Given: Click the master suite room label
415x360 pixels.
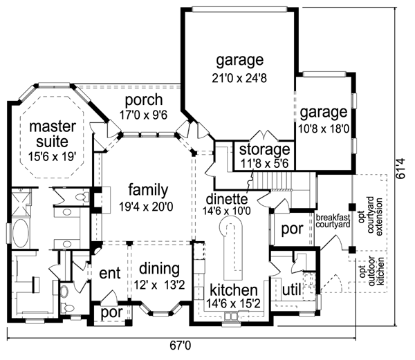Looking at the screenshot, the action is [x=53, y=134].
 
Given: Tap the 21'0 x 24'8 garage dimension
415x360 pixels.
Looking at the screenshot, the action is [x=239, y=78].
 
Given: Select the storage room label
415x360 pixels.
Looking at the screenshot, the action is [x=265, y=149].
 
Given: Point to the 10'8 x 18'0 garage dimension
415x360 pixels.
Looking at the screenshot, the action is [x=324, y=129].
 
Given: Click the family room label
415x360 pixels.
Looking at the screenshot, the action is [x=148, y=190].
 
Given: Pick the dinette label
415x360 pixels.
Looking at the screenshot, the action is [x=227, y=199].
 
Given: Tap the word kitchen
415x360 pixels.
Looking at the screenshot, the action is [x=234, y=290].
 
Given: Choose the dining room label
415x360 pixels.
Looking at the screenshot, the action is [x=159, y=269].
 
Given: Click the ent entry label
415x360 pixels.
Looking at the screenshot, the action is [x=110, y=273].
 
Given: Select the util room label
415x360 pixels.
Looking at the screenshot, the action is [x=292, y=290].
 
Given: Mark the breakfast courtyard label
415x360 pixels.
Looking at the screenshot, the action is [x=333, y=221].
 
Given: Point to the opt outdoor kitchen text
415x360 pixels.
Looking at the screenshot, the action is [x=372, y=270].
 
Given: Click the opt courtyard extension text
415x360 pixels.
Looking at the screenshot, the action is [x=371, y=216].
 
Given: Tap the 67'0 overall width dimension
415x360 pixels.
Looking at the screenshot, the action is [x=180, y=345].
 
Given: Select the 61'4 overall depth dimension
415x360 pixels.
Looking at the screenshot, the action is [x=401, y=169].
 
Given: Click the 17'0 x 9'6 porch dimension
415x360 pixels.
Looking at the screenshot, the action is [x=143, y=115].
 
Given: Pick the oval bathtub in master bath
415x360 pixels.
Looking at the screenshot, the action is [x=20, y=234].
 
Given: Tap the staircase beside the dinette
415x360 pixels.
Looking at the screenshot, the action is [x=273, y=181].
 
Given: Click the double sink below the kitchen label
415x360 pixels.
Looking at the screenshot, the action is [x=230, y=316].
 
